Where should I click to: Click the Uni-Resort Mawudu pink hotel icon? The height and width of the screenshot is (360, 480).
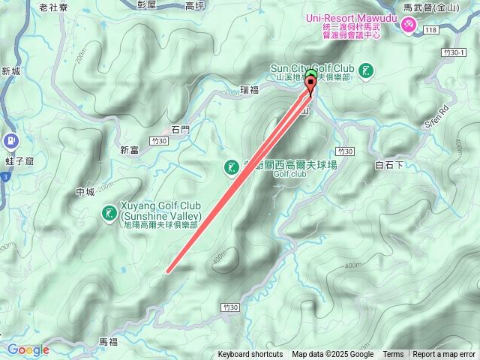tap(409, 25)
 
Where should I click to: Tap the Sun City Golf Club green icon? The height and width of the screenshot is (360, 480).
tap(366, 72)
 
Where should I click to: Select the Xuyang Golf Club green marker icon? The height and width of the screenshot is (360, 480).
tap(109, 215)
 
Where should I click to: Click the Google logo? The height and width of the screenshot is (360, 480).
tap(28, 349)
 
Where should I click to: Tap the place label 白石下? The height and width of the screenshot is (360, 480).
tap(389, 164)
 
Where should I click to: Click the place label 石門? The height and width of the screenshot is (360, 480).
tap(181, 129)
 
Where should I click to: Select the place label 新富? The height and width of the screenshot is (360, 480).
tap(129, 150)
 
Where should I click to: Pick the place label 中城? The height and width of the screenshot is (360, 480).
tap(85, 192)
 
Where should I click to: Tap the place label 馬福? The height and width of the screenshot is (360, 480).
tap(109, 341)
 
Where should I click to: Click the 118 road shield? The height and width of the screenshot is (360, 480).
tap(430, 30)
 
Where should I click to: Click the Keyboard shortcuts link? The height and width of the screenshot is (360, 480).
tap(250, 355)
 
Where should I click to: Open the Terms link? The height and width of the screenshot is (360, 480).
tap(393, 355)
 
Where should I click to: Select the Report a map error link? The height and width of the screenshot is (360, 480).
tap(443, 355)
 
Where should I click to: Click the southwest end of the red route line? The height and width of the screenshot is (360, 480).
tap(168, 271)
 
